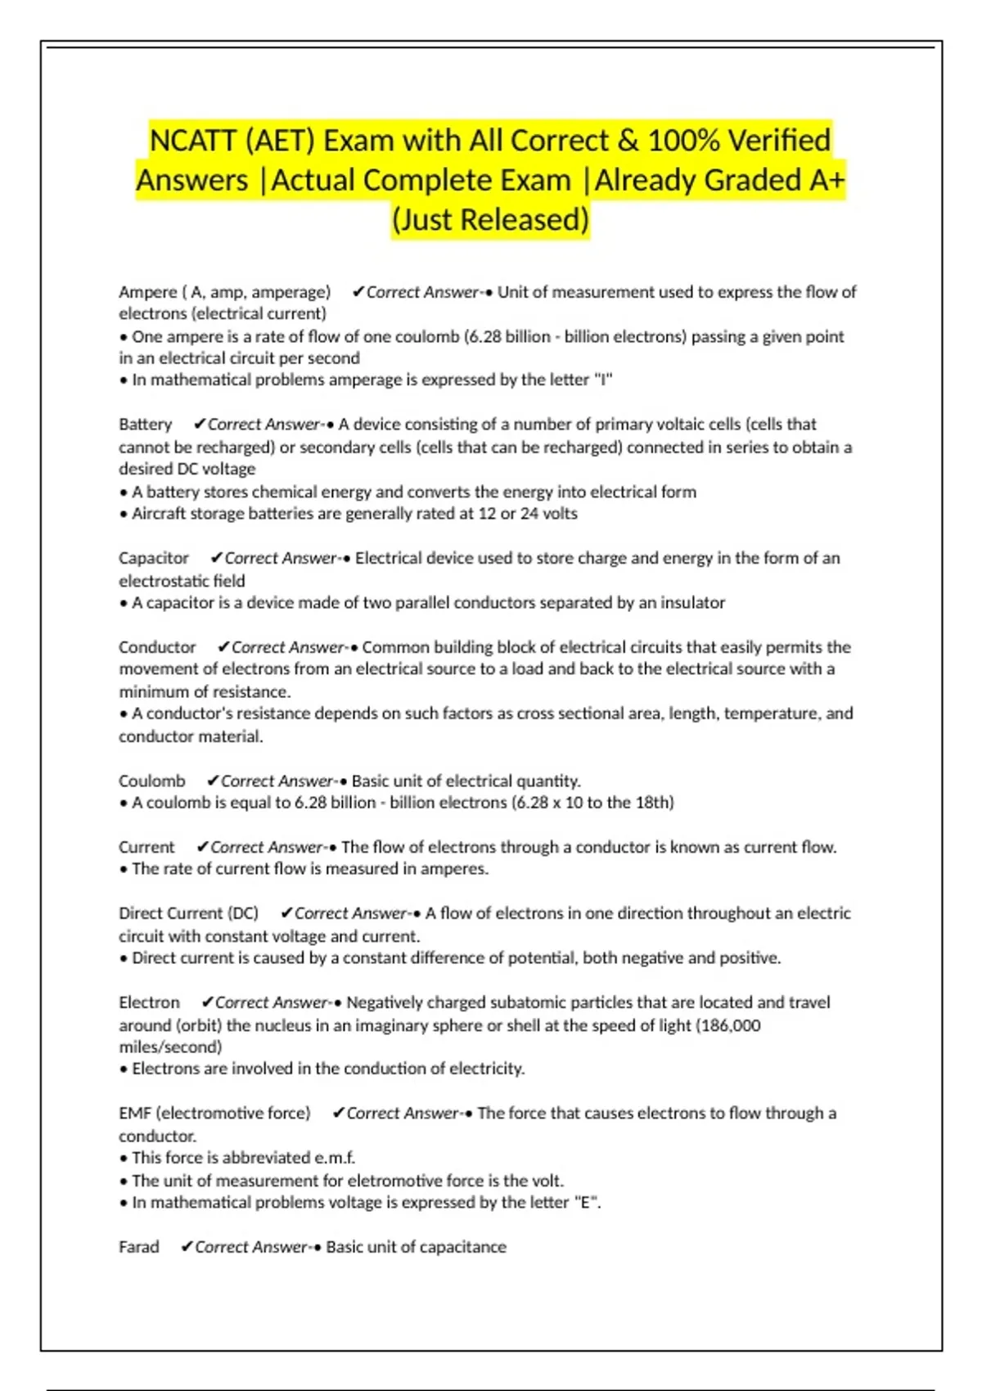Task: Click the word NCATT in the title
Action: (x=192, y=141)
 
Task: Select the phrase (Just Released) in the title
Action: (x=491, y=220)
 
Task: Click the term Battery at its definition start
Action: (x=145, y=425)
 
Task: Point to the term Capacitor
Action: (x=154, y=558)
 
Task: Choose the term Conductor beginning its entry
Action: (x=157, y=647)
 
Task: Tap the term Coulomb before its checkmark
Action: (x=151, y=781)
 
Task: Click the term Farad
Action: (x=139, y=1247)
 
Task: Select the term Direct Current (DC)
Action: (x=188, y=913)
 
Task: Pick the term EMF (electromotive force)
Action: (x=214, y=1114)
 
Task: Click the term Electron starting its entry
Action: (x=149, y=1002)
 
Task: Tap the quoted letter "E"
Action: (x=587, y=1203)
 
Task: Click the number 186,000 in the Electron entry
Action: (x=731, y=1025)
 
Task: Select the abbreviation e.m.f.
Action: (x=335, y=1158)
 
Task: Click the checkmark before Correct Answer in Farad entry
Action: (x=187, y=1247)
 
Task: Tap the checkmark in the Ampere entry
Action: (x=358, y=292)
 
